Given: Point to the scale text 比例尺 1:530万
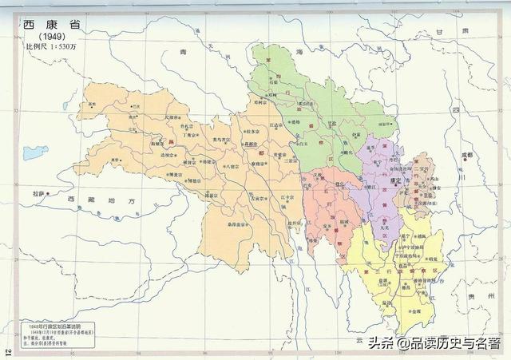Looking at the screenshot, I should [53, 47].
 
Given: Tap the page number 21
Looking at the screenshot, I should [7, 352].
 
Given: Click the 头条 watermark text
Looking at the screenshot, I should [382, 344].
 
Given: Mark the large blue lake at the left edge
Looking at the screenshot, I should [34, 152].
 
